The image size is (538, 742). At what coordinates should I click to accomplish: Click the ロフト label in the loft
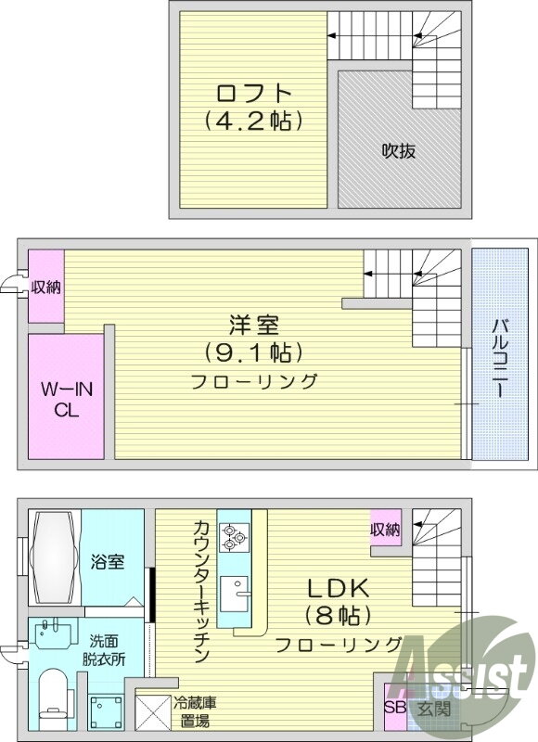[x=253, y=94]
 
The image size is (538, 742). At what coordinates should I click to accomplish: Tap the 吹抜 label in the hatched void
[x=399, y=151]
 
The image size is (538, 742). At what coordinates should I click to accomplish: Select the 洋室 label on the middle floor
[x=254, y=326]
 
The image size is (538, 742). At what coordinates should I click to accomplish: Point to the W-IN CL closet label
[x=67, y=400]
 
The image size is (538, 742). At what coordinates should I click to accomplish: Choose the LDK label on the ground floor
[x=339, y=588]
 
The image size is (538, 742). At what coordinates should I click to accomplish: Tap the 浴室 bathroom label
[x=108, y=562]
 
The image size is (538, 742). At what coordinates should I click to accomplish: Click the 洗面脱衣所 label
[x=104, y=651]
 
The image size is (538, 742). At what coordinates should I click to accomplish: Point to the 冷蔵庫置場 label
[x=195, y=712]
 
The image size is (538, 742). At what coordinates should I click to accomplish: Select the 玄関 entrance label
[x=433, y=709]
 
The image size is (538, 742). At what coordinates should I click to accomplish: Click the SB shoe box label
[x=394, y=708]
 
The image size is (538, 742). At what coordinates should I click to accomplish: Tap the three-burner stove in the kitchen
[x=234, y=538]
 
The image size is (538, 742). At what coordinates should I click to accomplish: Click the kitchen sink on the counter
[x=234, y=594]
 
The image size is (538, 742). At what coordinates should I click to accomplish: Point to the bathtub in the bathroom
[x=54, y=557]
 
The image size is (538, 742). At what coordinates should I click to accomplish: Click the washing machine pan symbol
[x=106, y=712]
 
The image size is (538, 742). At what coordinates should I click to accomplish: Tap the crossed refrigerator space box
[x=153, y=712]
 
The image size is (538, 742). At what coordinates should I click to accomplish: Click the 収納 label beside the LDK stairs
[x=386, y=530]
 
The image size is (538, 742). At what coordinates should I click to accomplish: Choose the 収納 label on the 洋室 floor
[x=46, y=287]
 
